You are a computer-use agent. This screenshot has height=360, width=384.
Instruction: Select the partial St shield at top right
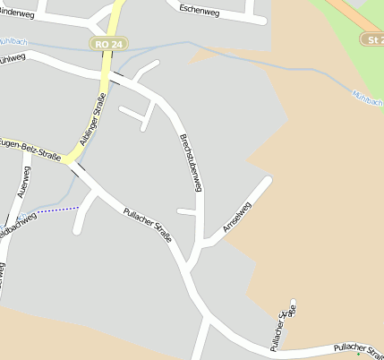click(373, 40)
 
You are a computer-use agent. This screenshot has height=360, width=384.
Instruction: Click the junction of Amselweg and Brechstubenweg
click(204, 241)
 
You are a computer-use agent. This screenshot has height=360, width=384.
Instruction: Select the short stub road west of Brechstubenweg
click(185, 211)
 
